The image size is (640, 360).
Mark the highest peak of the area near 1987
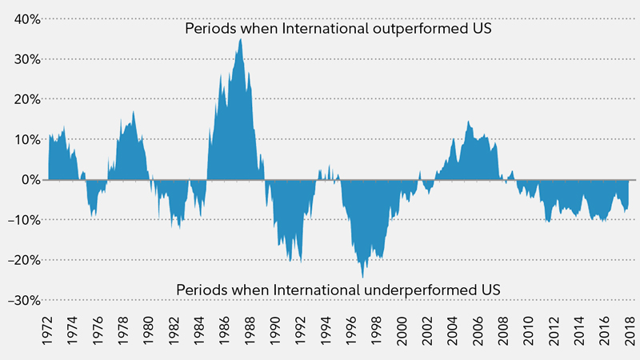pos(241,39)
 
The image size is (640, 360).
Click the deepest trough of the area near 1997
pos(363,277)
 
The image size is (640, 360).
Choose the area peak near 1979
pos(134,112)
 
